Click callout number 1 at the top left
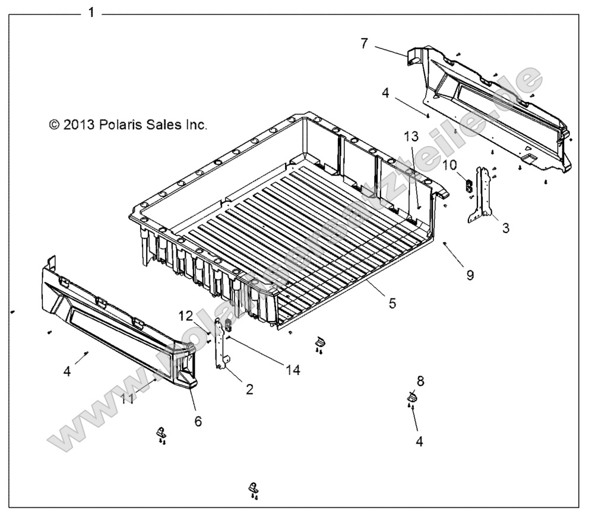coord(90,12)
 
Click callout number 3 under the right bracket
coord(505,228)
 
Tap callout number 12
coord(186,315)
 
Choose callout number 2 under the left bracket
coord(249,389)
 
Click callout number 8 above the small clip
coord(420,380)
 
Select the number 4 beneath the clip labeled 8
coord(419,441)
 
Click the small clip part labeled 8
coord(411,397)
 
